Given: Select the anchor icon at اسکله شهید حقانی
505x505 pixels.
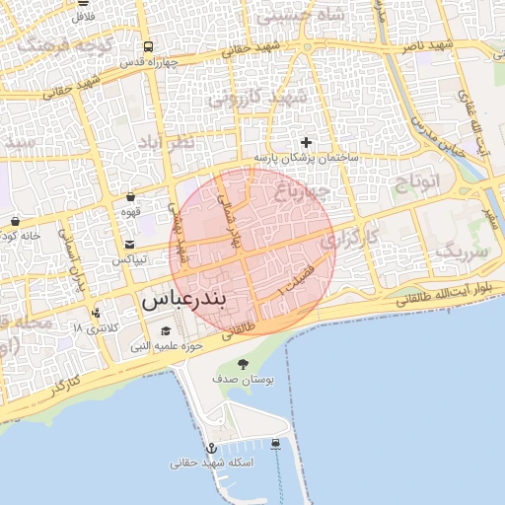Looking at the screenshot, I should [x=209, y=449].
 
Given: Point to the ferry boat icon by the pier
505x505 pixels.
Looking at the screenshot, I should [x=276, y=443].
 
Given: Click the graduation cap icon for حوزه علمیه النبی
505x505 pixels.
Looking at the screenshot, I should [x=165, y=331].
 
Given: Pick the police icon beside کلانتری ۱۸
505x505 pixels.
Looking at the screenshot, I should [x=96, y=314].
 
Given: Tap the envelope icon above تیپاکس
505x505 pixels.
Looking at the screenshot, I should [x=129, y=244].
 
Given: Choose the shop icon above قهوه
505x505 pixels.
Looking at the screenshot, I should [x=130, y=197].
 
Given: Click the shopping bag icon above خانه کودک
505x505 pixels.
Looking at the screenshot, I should [x=15, y=220].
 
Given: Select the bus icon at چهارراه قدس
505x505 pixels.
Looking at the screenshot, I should [x=147, y=46].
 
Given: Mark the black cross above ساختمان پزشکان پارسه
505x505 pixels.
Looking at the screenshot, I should [x=306, y=143].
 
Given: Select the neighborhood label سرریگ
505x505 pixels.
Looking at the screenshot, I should [x=462, y=252].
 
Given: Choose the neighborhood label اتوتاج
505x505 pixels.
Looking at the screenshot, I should [x=421, y=181].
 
